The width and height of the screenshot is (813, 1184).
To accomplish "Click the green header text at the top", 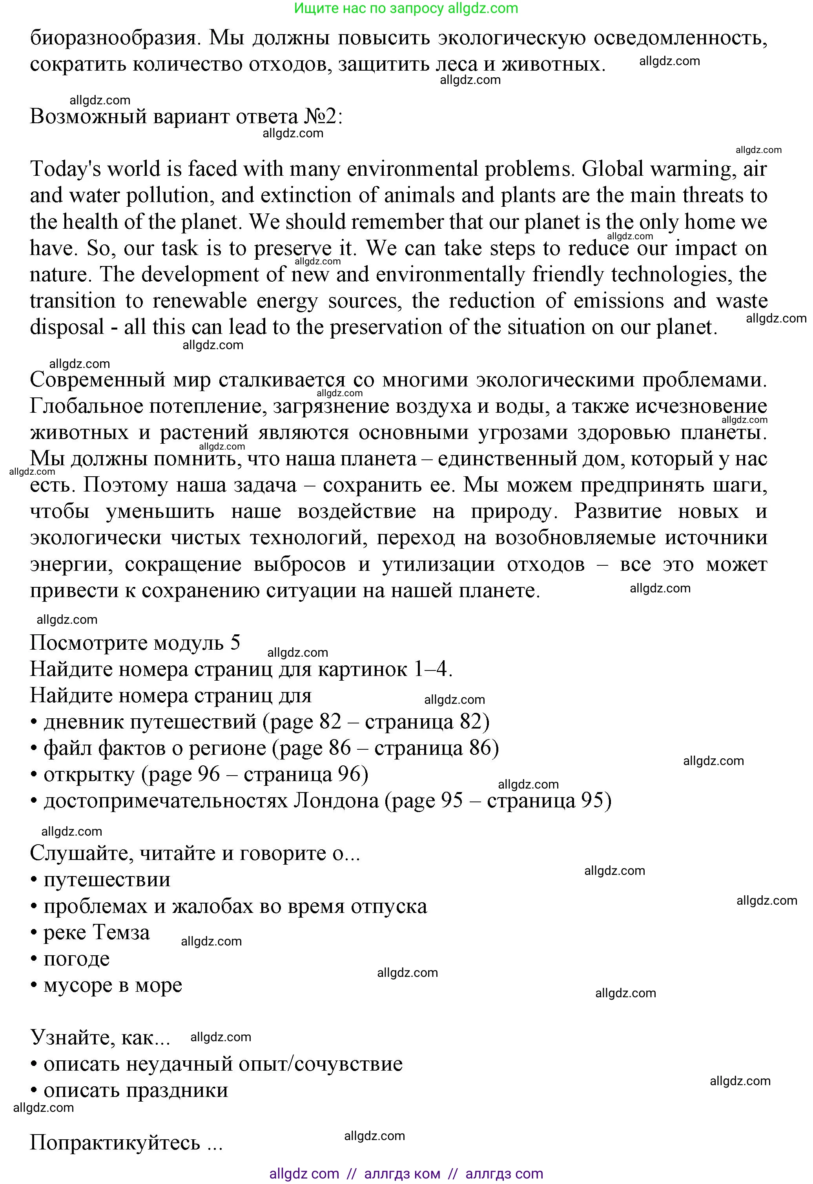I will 406,9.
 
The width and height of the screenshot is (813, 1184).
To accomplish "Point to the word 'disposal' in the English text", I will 67,328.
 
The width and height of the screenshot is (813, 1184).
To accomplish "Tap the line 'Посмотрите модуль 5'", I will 135,643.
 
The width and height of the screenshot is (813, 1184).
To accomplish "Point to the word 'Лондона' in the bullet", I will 336,801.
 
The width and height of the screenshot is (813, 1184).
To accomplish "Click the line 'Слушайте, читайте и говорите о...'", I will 195,854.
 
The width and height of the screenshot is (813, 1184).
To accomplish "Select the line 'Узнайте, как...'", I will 100,1038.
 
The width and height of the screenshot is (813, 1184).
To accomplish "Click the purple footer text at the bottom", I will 406,1174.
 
